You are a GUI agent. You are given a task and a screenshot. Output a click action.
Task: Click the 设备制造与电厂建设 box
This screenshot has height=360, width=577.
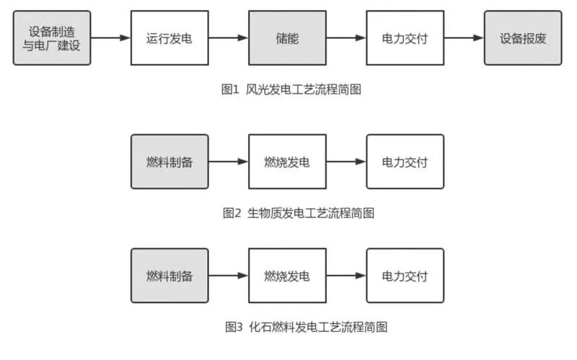[52, 38]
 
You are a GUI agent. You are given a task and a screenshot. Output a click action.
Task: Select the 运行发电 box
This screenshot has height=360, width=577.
[169, 38]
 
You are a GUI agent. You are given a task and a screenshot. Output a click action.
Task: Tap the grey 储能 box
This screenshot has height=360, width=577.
[287, 38]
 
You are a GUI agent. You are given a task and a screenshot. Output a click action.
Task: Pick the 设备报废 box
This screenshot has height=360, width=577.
[523, 38]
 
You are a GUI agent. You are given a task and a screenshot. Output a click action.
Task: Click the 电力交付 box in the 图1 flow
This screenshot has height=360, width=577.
[405, 38]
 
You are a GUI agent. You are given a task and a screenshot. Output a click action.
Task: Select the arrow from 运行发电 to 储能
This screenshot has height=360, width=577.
[229, 38]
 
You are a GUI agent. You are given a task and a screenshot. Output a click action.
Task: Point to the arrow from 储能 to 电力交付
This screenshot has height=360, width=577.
[346, 38]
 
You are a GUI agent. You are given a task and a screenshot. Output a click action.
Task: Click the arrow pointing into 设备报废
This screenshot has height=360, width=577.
[464, 38]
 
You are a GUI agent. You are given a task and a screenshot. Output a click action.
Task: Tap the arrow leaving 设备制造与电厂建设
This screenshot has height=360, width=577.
[111, 38]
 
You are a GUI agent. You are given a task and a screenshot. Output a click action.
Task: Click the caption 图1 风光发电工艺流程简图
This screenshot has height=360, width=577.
[291, 89]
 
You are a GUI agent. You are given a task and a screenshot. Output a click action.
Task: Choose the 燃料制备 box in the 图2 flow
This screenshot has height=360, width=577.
[169, 162]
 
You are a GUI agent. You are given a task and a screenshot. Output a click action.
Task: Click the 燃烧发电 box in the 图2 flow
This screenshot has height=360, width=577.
[287, 162]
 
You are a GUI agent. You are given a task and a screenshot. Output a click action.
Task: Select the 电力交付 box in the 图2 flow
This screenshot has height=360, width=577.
[405, 162]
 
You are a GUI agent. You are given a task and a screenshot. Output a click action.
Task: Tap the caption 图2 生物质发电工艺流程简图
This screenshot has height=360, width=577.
[299, 213]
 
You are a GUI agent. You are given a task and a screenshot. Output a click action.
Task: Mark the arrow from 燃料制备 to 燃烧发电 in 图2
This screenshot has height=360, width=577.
[229, 162]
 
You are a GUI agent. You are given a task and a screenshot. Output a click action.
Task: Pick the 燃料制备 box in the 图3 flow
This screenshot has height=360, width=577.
[169, 276]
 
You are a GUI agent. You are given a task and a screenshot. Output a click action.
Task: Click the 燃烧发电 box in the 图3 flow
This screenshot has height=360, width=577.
[287, 276]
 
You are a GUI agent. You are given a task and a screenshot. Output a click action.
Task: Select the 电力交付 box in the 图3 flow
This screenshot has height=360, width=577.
[405, 276]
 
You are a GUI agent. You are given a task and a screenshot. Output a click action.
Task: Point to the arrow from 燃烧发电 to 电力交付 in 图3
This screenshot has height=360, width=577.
[346, 276]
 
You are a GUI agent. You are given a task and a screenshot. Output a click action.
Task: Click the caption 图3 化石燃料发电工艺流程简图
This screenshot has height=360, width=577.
[306, 328]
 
